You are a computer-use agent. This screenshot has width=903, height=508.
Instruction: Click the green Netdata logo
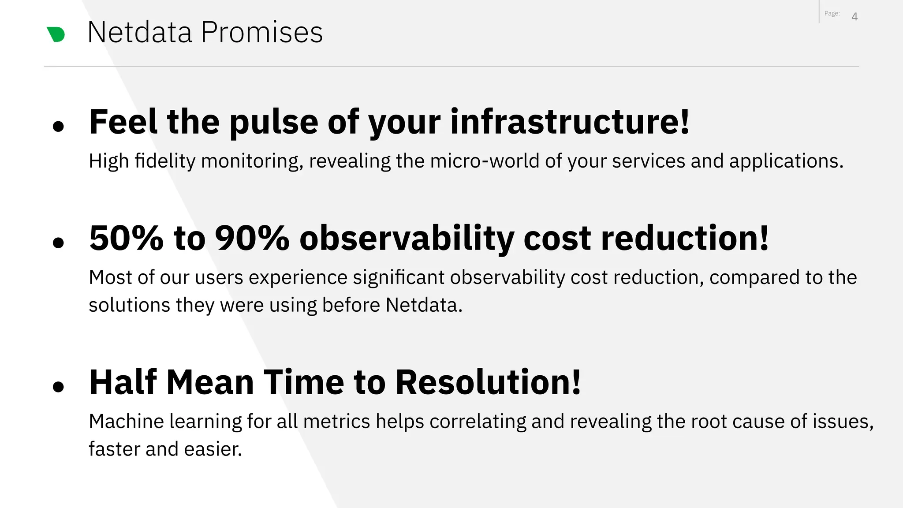(x=56, y=34)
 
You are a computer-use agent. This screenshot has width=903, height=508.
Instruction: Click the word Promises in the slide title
(x=262, y=32)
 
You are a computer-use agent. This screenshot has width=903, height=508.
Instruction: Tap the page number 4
(x=854, y=17)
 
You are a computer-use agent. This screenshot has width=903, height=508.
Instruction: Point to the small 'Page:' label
(x=832, y=14)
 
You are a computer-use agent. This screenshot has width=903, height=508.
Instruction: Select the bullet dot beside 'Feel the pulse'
(x=58, y=127)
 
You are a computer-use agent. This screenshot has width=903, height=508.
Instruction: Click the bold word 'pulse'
(x=273, y=122)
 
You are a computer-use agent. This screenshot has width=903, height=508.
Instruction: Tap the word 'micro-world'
(x=485, y=161)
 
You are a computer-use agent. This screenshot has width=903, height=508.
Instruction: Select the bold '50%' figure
(x=126, y=238)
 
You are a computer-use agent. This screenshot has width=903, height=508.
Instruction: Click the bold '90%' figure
(x=252, y=238)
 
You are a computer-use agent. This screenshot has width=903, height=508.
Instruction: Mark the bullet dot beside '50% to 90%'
(x=58, y=243)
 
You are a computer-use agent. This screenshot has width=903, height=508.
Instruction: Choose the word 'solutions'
(x=129, y=305)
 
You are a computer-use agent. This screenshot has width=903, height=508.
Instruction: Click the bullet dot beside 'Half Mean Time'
(x=58, y=387)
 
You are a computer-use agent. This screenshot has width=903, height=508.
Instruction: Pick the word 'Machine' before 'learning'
(x=127, y=422)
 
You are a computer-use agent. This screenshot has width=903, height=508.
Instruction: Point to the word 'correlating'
(x=478, y=422)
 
